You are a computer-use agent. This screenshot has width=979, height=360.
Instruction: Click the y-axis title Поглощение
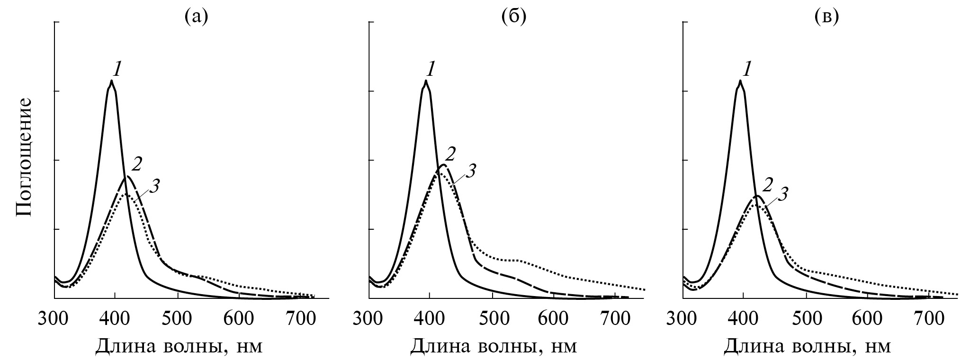pos(24,157)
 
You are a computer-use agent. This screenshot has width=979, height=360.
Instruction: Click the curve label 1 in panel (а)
pos(117,71)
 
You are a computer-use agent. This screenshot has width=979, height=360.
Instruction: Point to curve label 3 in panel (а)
pos(153,186)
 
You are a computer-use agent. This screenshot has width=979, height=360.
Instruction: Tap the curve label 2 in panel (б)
pos(450,154)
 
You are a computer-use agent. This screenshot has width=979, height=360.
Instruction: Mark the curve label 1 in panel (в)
pos(747,71)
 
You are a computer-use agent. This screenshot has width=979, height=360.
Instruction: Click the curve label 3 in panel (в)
pos(783,194)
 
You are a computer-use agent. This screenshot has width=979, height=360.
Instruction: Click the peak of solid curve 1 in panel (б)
pos(426,81)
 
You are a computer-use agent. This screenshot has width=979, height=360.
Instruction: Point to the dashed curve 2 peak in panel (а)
pos(127,177)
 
